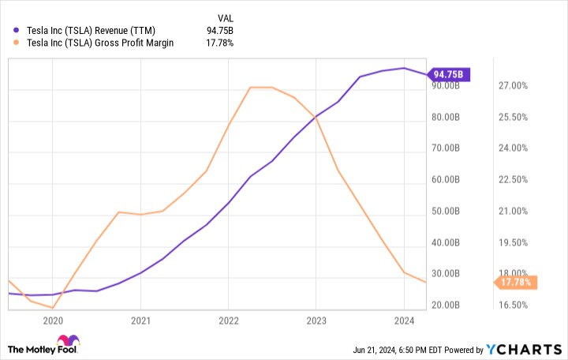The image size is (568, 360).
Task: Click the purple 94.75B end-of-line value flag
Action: point(450,76)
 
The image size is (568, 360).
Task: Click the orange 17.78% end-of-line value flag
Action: point(515,282)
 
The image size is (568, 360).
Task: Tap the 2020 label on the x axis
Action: point(53,321)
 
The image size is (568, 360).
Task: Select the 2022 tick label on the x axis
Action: point(229,321)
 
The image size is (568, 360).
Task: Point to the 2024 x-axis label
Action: point(404,321)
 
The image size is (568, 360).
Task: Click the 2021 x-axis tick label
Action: point(140,321)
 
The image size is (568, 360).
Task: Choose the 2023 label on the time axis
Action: point(316,321)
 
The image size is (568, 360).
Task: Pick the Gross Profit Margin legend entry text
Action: point(101,43)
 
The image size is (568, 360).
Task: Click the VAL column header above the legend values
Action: point(225,16)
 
